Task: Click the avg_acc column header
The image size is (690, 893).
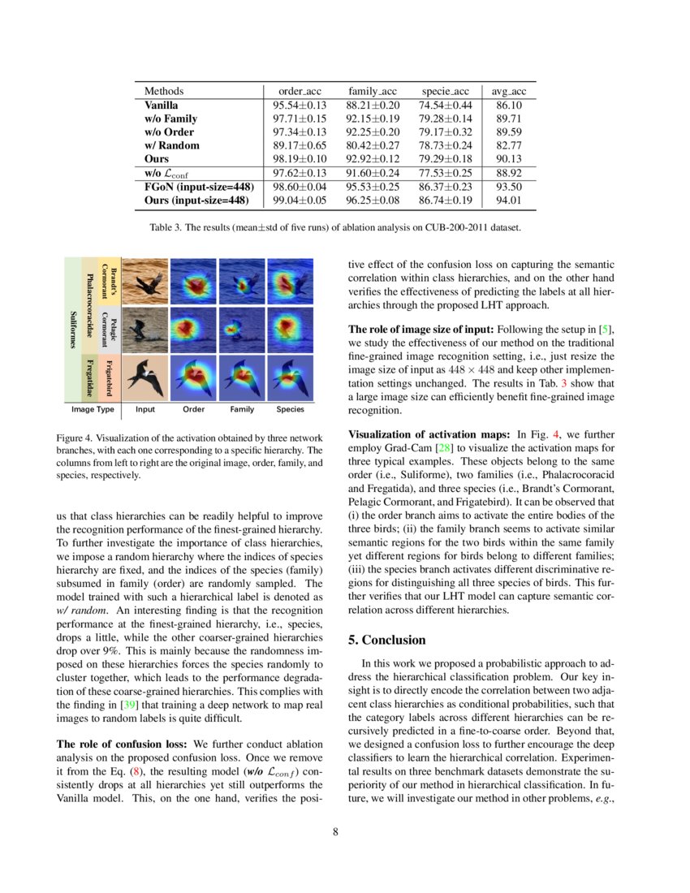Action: coord(508,91)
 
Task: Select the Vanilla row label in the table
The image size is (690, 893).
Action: coord(162,105)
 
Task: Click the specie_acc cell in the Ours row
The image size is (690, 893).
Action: coord(443,160)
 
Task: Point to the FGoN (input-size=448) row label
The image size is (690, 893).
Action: coord(196,187)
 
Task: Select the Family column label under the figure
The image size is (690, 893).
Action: coord(242,410)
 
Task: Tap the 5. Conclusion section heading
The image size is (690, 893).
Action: coord(386,639)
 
